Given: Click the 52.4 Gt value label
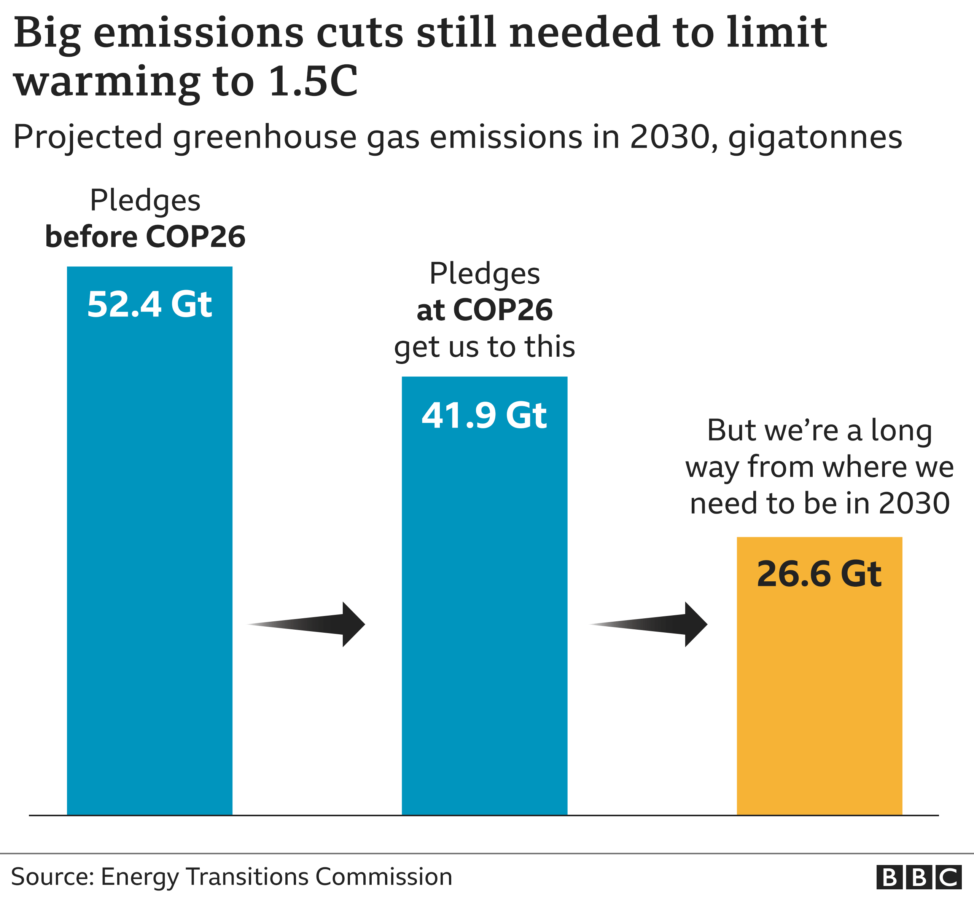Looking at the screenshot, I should [x=150, y=305].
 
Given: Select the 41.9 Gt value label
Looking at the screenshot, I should [x=484, y=415].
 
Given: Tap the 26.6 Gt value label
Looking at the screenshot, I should [x=819, y=574].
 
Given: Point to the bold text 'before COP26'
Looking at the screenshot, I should [x=145, y=237].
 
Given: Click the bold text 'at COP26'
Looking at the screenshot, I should [x=484, y=310].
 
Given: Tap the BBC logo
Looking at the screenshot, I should [x=919, y=878].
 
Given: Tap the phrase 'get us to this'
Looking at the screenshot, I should [x=484, y=347].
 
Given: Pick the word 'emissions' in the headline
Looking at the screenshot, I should [x=199, y=33].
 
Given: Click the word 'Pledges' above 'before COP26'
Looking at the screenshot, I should [x=145, y=200].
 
